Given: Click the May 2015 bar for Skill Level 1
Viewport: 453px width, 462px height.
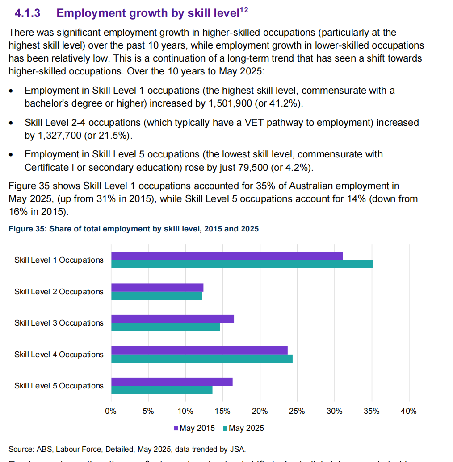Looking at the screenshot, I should [x=226, y=256].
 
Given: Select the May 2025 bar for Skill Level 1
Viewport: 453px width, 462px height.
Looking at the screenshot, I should [x=242, y=264].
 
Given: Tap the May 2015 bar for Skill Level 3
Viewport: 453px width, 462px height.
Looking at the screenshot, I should [x=172, y=319].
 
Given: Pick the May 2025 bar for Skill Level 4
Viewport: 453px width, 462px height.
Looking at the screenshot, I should [x=201, y=359].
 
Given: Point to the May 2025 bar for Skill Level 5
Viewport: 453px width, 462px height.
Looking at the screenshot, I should [x=162, y=390].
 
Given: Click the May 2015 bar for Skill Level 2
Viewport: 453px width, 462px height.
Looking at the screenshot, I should [x=157, y=287].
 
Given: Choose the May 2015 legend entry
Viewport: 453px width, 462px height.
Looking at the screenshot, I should [x=194, y=428].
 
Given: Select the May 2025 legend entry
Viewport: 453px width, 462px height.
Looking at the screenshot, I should [x=243, y=428].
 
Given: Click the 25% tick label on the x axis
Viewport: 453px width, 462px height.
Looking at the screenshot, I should [x=297, y=411].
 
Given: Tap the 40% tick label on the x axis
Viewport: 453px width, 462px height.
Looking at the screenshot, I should [x=409, y=411].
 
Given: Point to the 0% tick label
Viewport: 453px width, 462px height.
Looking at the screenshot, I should [x=111, y=411].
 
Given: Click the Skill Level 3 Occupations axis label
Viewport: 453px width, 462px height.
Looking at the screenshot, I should [x=59, y=323].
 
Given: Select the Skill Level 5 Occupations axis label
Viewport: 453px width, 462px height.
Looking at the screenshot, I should [x=59, y=386].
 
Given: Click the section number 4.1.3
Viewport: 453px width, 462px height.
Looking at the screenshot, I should [x=28, y=13].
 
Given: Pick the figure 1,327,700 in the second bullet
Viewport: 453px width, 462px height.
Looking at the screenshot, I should [x=61, y=135].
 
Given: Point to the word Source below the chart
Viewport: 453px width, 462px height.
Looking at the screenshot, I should [x=19, y=449].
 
